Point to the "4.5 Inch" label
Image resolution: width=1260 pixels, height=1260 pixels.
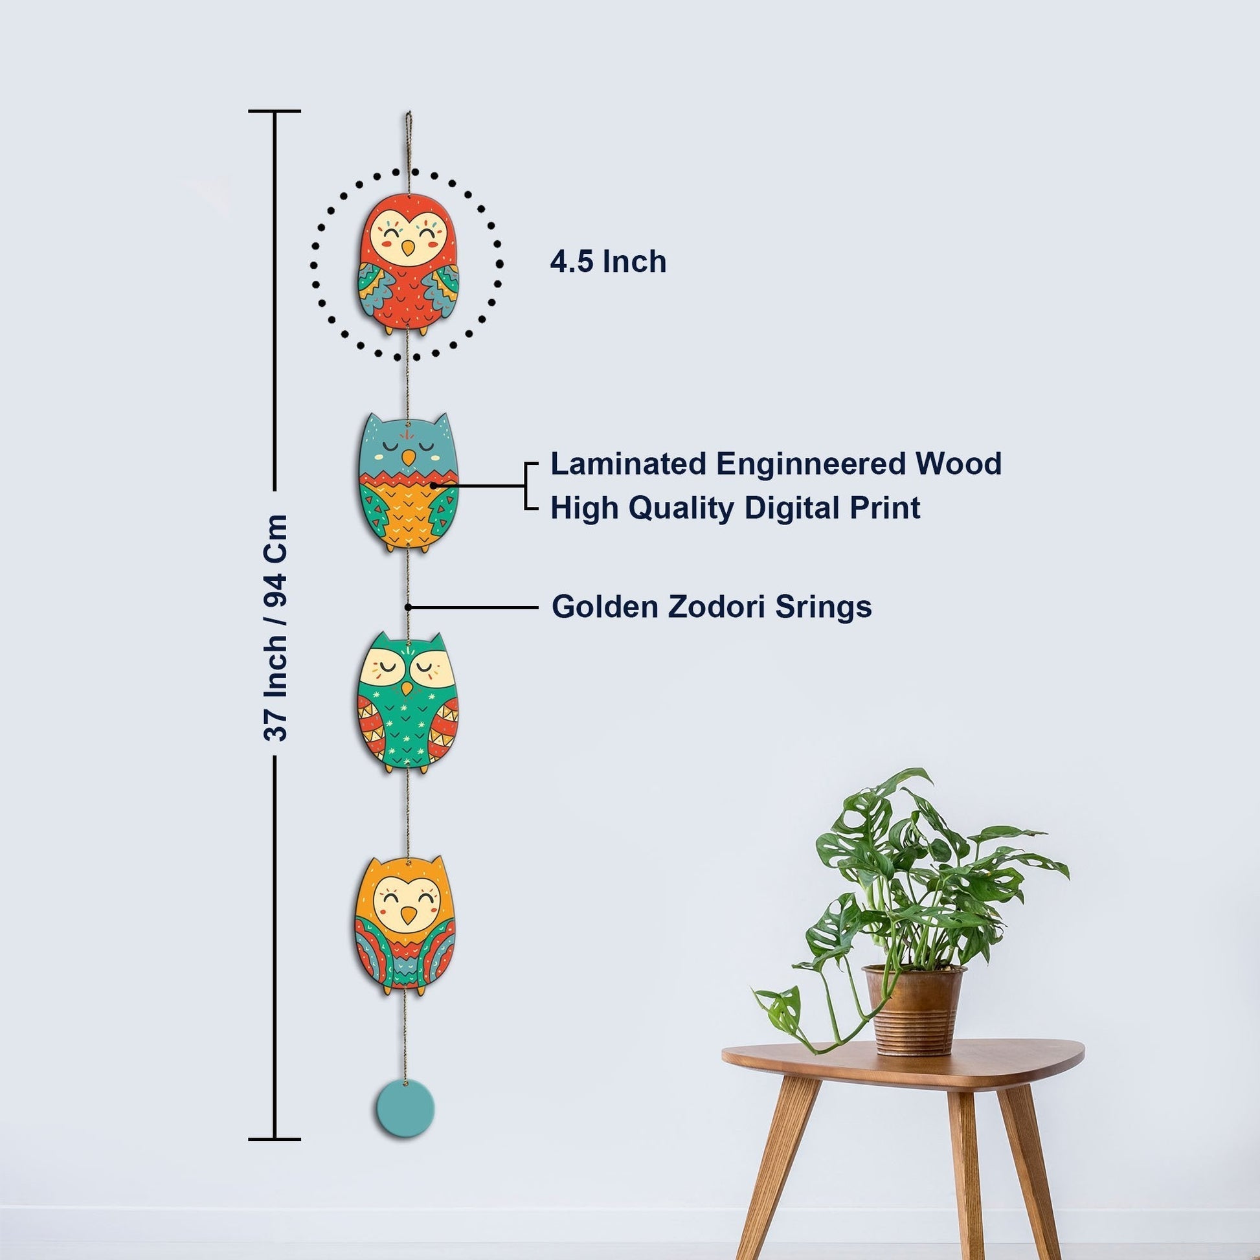(608, 262)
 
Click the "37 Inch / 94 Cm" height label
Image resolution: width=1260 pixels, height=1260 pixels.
(275, 627)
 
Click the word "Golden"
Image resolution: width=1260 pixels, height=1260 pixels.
(605, 607)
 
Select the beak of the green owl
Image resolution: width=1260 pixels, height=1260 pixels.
(407, 689)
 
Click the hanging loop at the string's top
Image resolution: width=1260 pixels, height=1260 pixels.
(408, 124)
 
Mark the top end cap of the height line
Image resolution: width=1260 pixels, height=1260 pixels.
(275, 111)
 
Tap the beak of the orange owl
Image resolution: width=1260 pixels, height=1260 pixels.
(408, 916)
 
